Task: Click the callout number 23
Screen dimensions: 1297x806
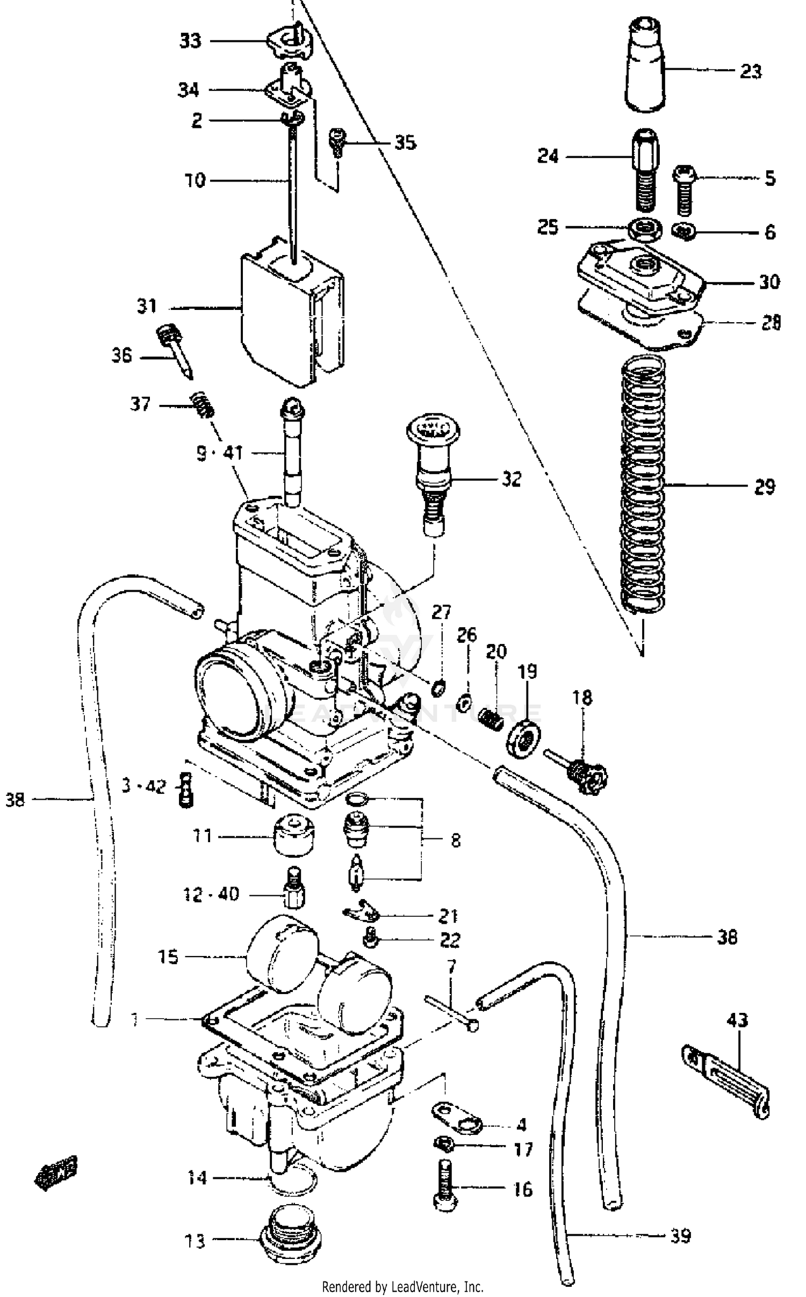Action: click(750, 71)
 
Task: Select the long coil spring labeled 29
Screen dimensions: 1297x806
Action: click(643, 483)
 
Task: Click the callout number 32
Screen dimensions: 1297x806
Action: click(511, 479)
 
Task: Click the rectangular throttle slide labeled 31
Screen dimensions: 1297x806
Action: click(290, 317)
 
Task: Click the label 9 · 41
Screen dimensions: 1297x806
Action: click(219, 453)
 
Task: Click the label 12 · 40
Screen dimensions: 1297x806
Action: click(211, 894)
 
